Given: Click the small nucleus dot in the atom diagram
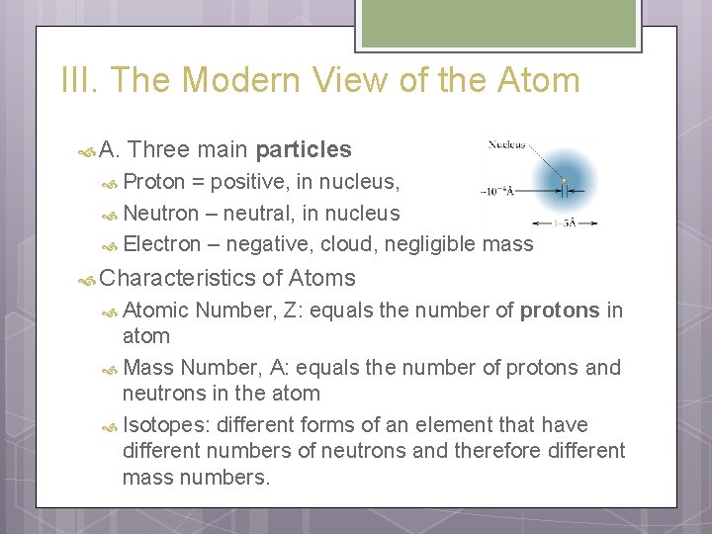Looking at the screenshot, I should (x=565, y=182).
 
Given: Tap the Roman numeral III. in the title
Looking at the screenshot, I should (x=81, y=80).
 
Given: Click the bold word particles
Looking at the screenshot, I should (x=303, y=150).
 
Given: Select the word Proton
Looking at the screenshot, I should (x=155, y=182).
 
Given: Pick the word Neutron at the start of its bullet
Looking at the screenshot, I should (x=161, y=214).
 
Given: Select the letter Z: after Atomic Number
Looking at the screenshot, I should (x=294, y=311).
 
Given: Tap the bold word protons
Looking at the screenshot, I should (x=560, y=311).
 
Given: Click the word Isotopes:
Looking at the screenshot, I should (x=167, y=425).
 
